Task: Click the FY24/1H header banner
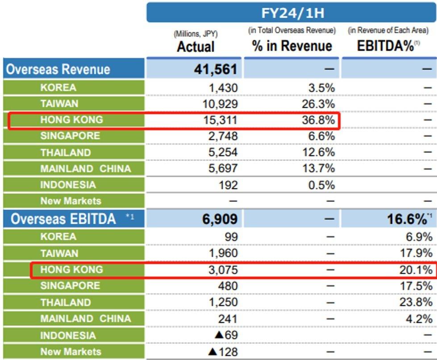pyautogui.click(x=292, y=12)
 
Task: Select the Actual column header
pyautogui.click(x=196, y=46)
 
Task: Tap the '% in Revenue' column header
pyautogui.click(x=292, y=46)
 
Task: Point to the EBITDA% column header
pyautogui.click(x=386, y=46)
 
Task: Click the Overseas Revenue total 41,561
pyautogui.click(x=216, y=69)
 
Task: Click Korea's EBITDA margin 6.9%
pyautogui.click(x=419, y=237)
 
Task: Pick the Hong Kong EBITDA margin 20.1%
pyautogui.click(x=416, y=269)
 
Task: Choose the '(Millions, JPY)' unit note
pyautogui.click(x=196, y=34)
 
